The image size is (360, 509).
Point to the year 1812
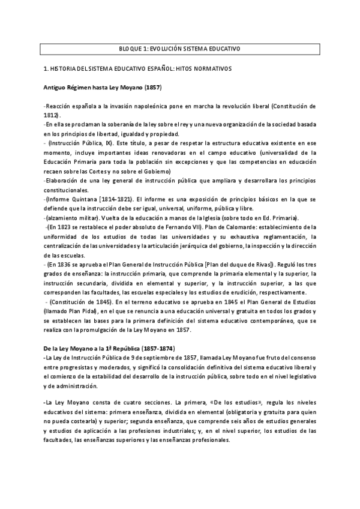click(52, 114)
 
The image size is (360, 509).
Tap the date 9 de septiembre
click(140, 358)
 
